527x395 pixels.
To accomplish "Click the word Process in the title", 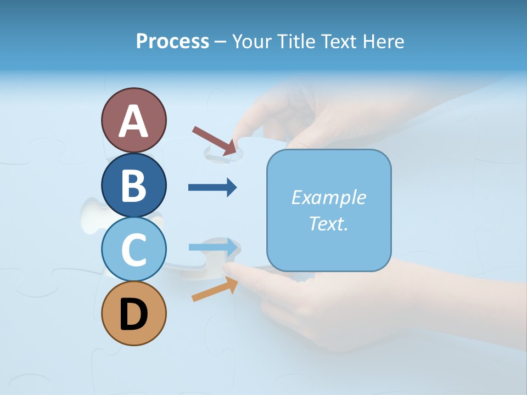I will [172, 41].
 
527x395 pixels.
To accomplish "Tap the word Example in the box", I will [328, 198].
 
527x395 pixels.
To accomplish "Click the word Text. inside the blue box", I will [328, 223].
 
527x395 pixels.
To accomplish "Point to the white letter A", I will [133, 122].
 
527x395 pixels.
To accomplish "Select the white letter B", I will [133, 186].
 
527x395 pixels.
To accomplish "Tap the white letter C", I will [133, 250].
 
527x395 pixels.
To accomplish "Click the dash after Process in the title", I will [221, 42].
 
